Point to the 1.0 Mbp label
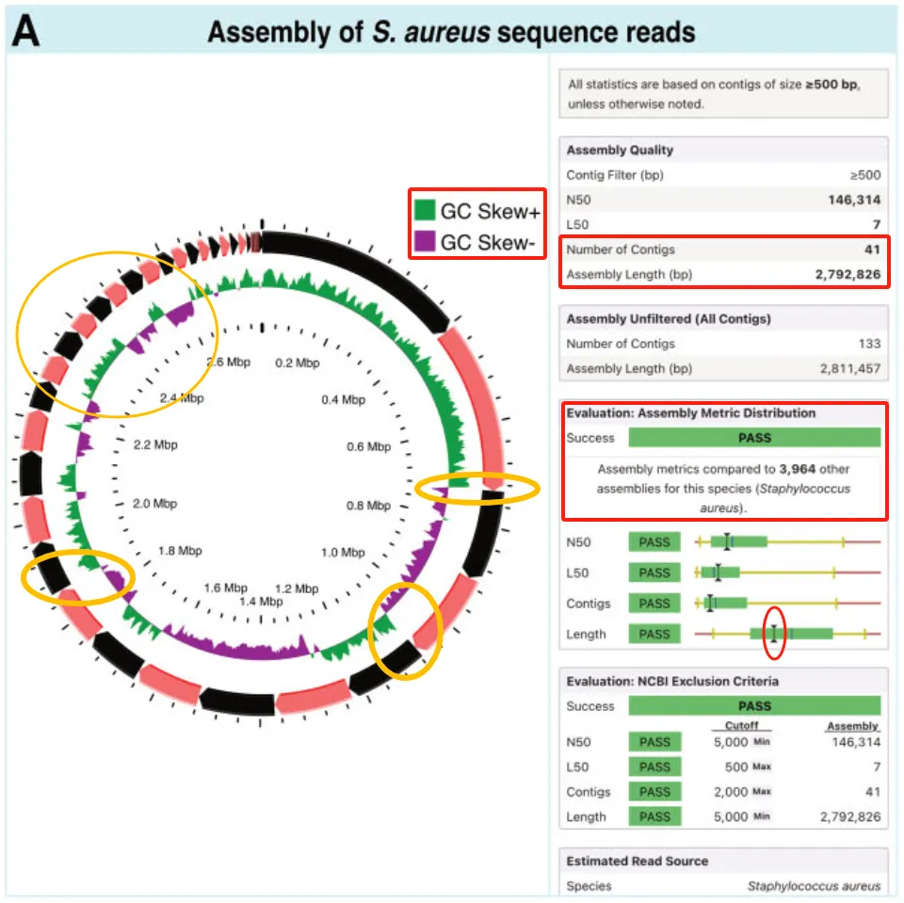[344, 552]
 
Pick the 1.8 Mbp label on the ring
[180, 550]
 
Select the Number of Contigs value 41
[871, 250]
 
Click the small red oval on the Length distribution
[774, 634]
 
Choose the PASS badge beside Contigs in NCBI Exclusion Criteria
[654, 792]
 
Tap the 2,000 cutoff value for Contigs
[726, 792]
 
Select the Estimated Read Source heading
[637, 861]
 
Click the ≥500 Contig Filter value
[864, 174]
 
